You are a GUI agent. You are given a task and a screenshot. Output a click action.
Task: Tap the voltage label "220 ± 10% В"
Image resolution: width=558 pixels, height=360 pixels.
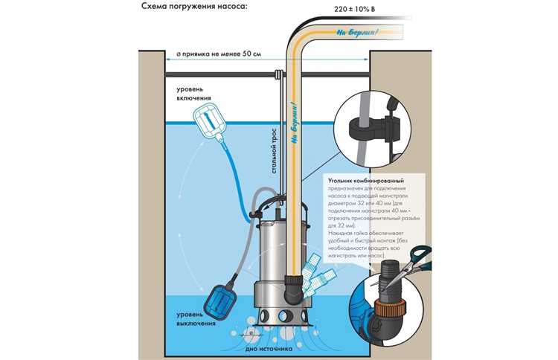point(333,10)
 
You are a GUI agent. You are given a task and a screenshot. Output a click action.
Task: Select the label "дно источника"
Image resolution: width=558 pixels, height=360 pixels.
point(264,350)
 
